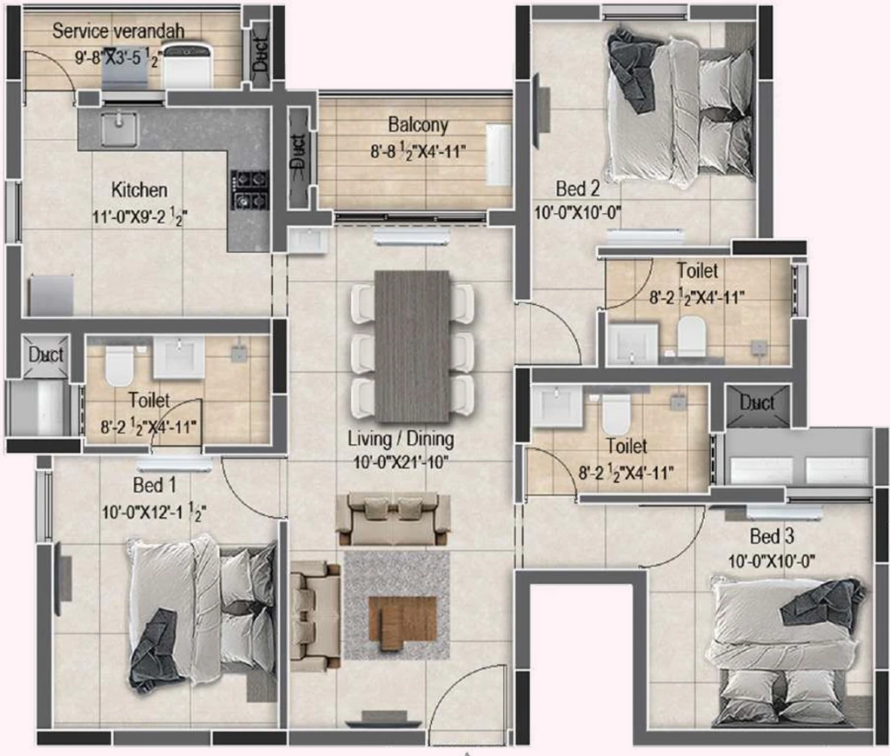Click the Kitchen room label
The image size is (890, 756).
pos(139,189)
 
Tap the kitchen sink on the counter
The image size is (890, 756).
pos(119,129)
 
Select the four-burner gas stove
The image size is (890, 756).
pos(249,189)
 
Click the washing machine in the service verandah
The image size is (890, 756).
pos(188,66)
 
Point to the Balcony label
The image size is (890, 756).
pos(418,124)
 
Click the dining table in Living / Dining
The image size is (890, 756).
pos(412,346)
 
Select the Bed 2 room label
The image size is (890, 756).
pos(577,188)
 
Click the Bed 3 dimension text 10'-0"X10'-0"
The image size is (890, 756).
pos(772,561)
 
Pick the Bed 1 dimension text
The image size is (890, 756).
pos(153,512)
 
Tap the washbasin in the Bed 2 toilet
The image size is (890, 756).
pos(633,342)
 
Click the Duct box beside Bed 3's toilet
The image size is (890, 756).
pos(757,404)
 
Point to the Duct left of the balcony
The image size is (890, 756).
pos(298,159)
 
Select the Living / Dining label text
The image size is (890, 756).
pos(401,439)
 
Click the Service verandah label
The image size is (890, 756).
pos(118,30)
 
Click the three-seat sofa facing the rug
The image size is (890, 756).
pos(393,519)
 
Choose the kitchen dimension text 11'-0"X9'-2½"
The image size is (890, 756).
pos(140,216)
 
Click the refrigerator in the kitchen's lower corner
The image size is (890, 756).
pos(51,295)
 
